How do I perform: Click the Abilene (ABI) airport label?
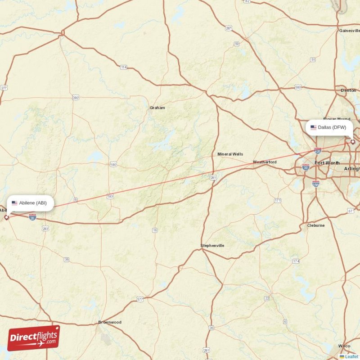[30, 203]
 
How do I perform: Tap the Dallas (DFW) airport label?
[328, 127]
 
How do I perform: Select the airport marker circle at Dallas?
[353, 142]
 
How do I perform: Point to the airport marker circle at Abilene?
[6, 217]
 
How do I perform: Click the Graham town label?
[157, 108]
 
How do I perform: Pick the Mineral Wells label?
[230, 154]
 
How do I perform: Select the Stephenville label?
[212, 246]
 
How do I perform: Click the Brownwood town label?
[110, 322]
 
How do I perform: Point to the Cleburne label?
[315, 225]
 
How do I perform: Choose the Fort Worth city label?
[327, 162]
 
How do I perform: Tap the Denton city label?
[348, 90]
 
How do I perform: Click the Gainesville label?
[350, 31]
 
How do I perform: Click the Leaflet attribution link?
[351, 357]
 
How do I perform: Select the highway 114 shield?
[123, 67]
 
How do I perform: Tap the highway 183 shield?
[110, 197]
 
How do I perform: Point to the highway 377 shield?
[140, 299]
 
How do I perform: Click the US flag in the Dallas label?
[313, 127]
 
